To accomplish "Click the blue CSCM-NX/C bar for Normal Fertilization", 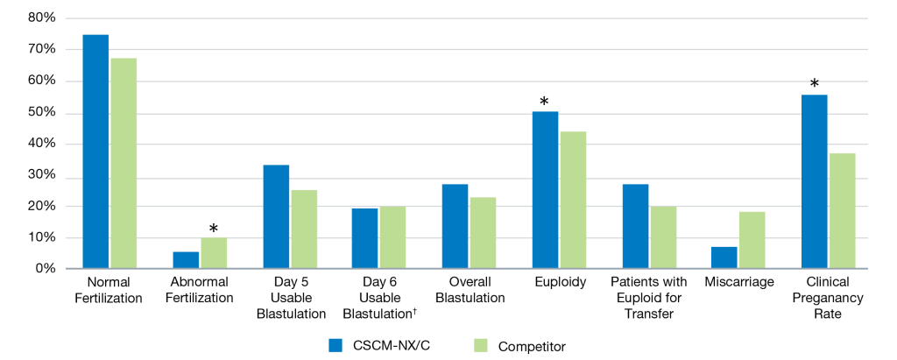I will click(x=95, y=152).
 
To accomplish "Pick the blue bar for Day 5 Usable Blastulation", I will click(x=276, y=216).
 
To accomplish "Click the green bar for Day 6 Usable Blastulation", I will click(x=394, y=237).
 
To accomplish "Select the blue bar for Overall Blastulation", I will click(x=456, y=226).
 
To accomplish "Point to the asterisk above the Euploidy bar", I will click(x=544, y=102).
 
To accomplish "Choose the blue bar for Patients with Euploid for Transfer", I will click(x=635, y=226).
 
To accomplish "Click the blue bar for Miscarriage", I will click(x=724, y=258).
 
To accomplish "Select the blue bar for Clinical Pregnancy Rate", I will click(x=815, y=181).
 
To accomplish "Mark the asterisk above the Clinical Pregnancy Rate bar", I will click(x=815, y=84).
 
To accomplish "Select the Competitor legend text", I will click(x=532, y=346).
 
